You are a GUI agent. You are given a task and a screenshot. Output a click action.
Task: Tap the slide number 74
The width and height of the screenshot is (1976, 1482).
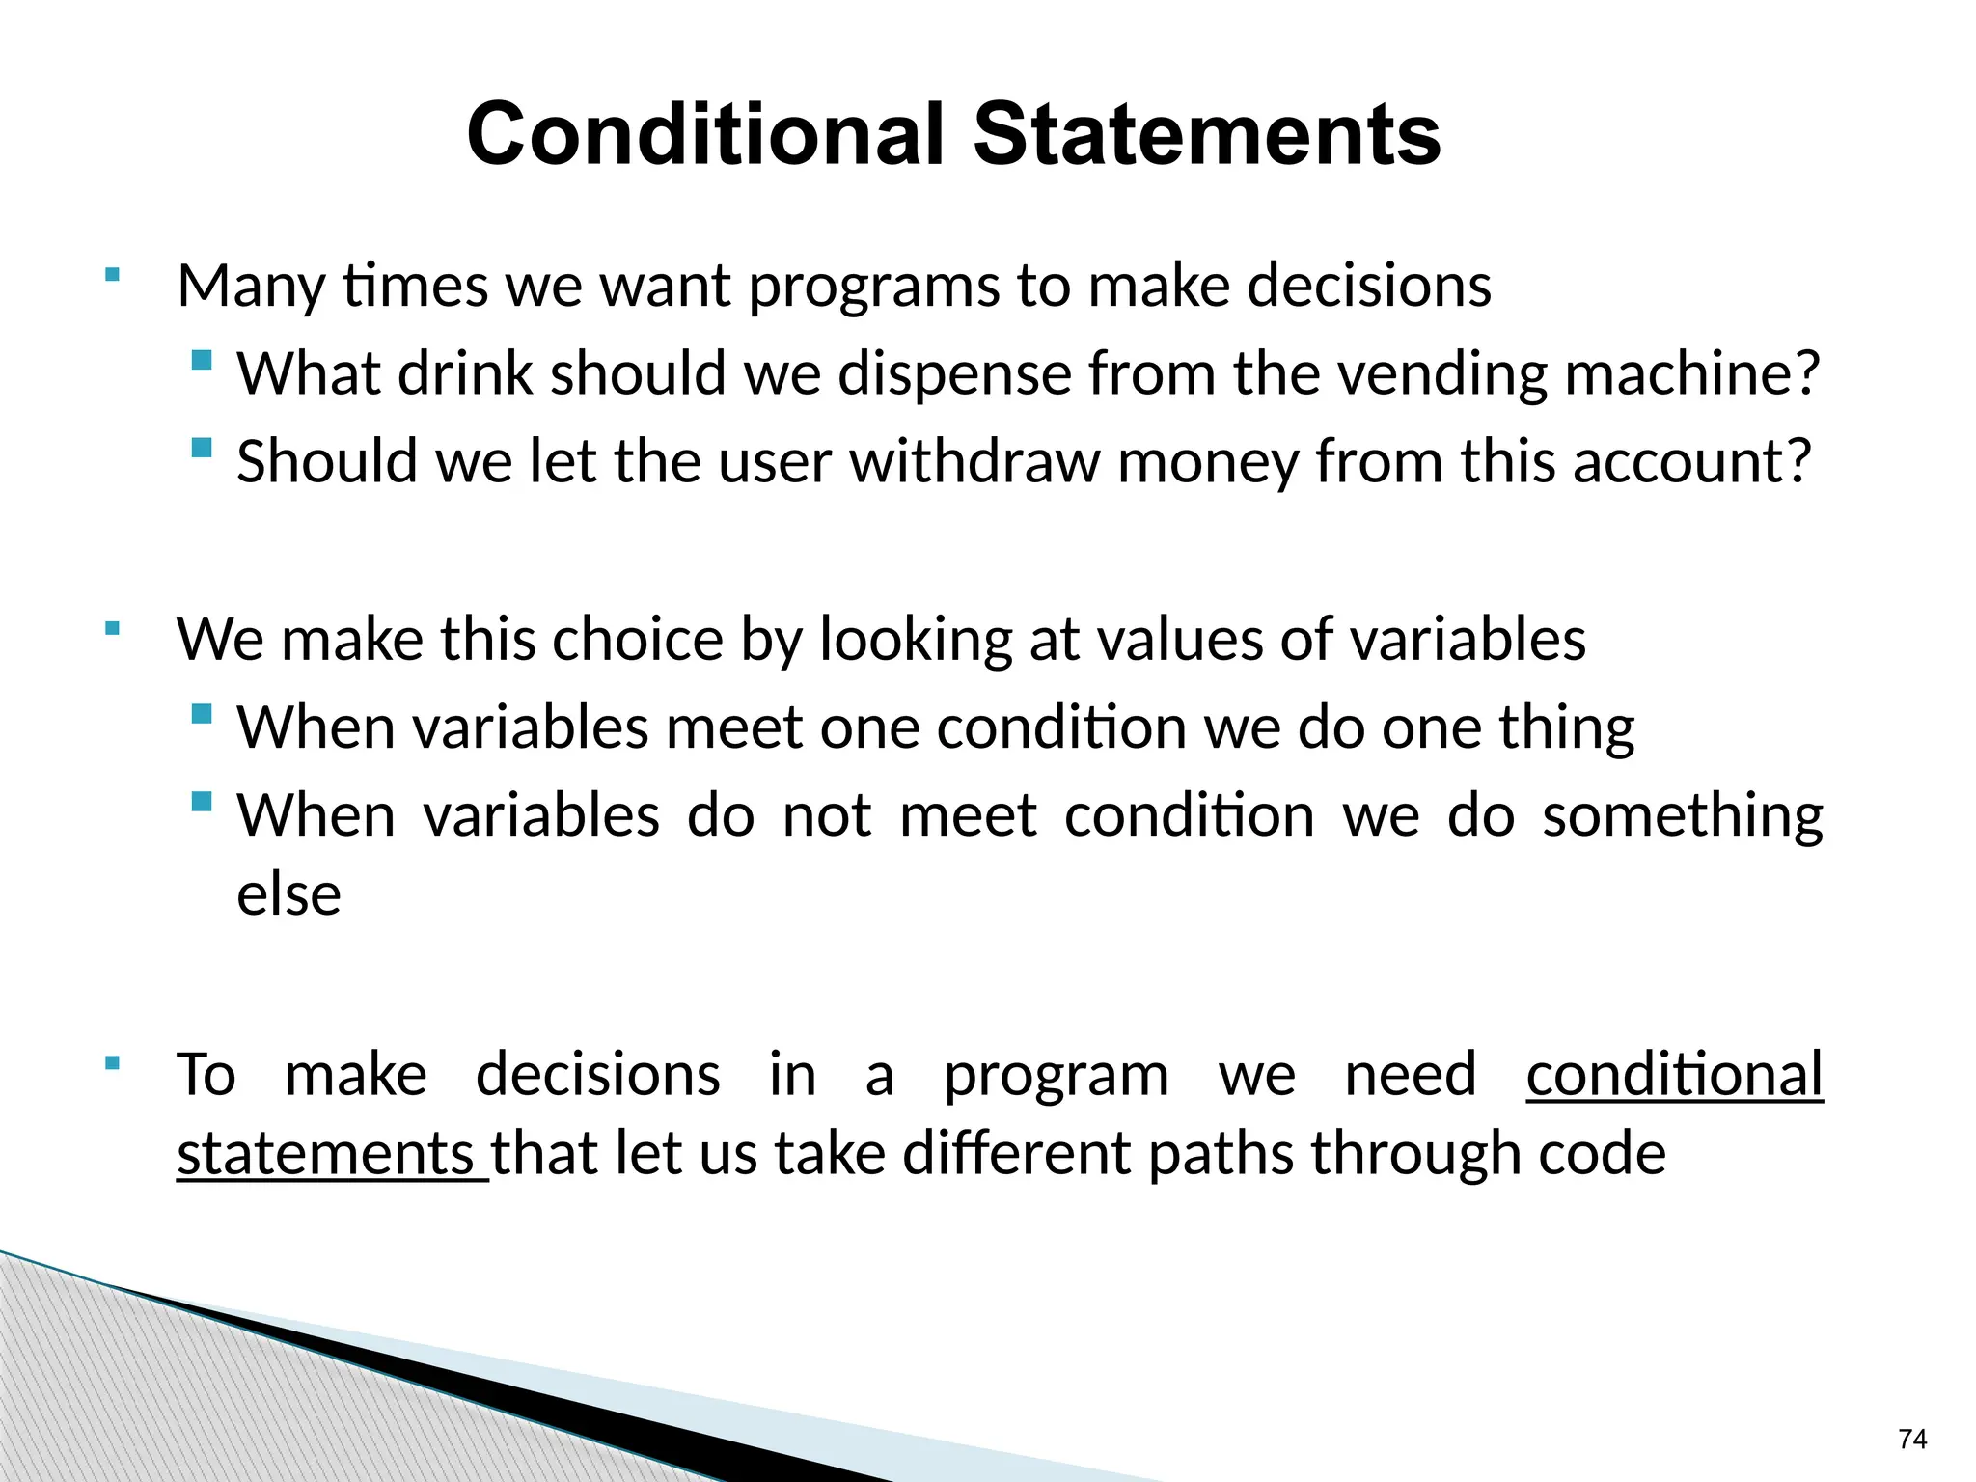[1911, 1440]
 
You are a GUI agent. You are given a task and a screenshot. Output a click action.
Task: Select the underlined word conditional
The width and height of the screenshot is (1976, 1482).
[1674, 1074]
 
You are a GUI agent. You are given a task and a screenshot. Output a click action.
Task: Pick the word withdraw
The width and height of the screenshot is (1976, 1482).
[974, 461]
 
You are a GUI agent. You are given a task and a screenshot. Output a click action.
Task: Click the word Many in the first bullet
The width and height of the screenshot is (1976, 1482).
[252, 287]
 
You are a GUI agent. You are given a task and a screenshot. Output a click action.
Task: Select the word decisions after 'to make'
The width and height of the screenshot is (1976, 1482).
[1369, 287]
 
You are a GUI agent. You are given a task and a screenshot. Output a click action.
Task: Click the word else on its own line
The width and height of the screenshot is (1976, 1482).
[288, 894]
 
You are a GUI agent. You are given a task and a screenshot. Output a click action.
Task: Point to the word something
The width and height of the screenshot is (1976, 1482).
[1683, 816]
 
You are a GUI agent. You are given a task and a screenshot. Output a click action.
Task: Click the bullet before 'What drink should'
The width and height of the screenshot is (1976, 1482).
[202, 361]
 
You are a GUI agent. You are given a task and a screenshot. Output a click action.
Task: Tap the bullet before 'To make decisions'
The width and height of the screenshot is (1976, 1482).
[113, 1063]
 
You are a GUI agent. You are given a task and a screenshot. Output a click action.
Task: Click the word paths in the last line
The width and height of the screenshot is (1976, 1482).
[1221, 1154]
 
